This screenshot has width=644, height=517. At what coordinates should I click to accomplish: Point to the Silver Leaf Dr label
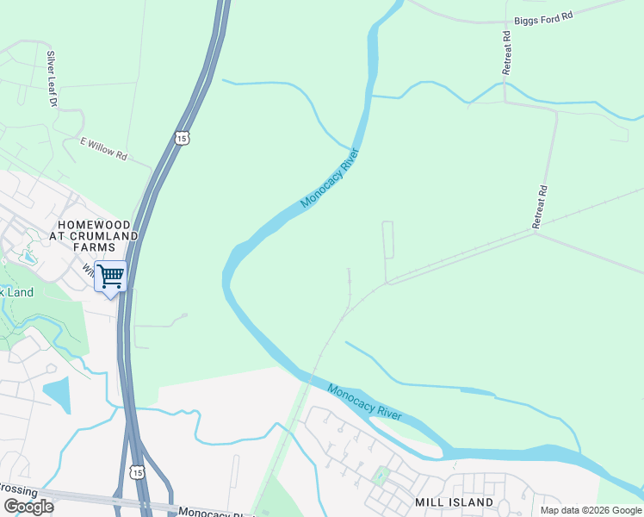[x=52, y=78]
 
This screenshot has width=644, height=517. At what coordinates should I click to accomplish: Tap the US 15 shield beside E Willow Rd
[x=181, y=138]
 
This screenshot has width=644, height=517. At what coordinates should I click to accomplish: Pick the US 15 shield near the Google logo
[x=136, y=471]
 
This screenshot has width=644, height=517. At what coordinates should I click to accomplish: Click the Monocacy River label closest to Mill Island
[x=364, y=401]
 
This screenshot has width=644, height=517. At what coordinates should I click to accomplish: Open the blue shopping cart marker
[x=110, y=277]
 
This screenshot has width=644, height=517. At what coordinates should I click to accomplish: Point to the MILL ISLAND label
[x=455, y=501]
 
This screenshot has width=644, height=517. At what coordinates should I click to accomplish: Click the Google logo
[x=28, y=507]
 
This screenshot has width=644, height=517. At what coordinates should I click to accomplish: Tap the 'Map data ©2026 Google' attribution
[x=591, y=510]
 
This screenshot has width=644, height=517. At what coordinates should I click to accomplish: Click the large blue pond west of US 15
[x=57, y=395]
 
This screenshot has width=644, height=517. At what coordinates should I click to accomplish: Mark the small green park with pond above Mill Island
[x=380, y=475]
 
